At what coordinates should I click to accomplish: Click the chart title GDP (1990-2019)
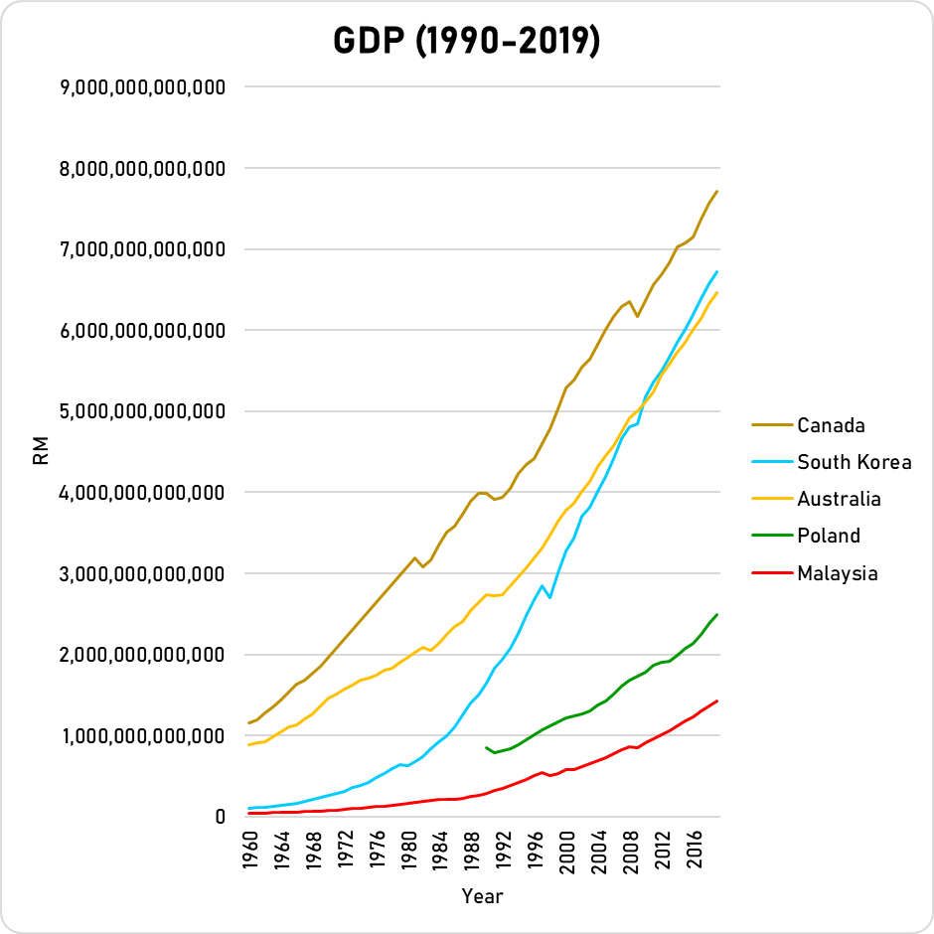[x=466, y=42]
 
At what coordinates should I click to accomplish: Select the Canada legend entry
[x=831, y=425]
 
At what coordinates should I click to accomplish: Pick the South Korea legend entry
[x=854, y=462]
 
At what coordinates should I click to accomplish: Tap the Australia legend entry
[x=839, y=499]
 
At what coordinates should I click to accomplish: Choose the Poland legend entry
[x=828, y=536]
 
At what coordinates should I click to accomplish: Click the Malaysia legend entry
[x=837, y=572]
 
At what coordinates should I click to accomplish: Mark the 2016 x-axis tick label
[x=696, y=854]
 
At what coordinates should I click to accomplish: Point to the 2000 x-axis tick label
[x=568, y=854]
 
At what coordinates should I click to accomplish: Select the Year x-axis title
[x=482, y=896]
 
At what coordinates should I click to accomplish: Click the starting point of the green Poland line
[x=486, y=747]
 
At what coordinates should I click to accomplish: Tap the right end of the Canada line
[x=716, y=191]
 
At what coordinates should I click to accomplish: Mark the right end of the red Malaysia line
[x=716, y=701]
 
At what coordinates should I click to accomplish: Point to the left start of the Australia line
[x=249, y=744]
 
